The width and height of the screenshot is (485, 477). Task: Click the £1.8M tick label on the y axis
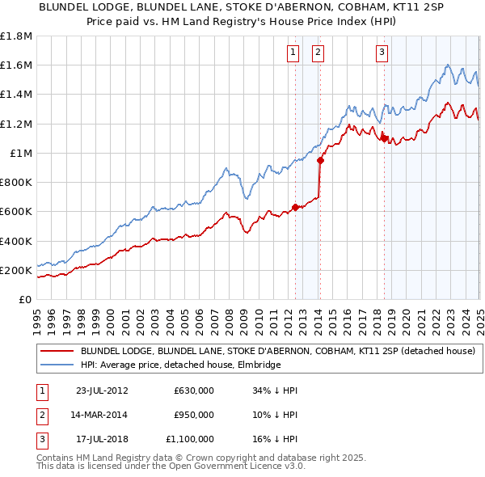(x=17, y=36)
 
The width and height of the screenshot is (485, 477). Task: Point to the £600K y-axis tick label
(x=16, y=212)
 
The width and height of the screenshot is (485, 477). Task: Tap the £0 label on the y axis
(x=25, y=299)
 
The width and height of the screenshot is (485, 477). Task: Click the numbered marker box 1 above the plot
(x=292, y=53)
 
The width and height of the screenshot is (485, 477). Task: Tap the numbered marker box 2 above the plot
(x=318, y=53)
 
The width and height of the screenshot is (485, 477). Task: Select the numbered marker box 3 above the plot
(x=382, y=53)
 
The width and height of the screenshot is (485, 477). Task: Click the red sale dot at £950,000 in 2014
(x=320, y=160)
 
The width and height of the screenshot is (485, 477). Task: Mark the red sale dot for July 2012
(x=296, y=207)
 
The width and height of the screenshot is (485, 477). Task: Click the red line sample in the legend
(x=58, y=352)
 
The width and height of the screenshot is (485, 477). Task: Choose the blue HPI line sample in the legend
(x=58, y=365)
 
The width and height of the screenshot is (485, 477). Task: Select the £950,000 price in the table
(x=193, y=415)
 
